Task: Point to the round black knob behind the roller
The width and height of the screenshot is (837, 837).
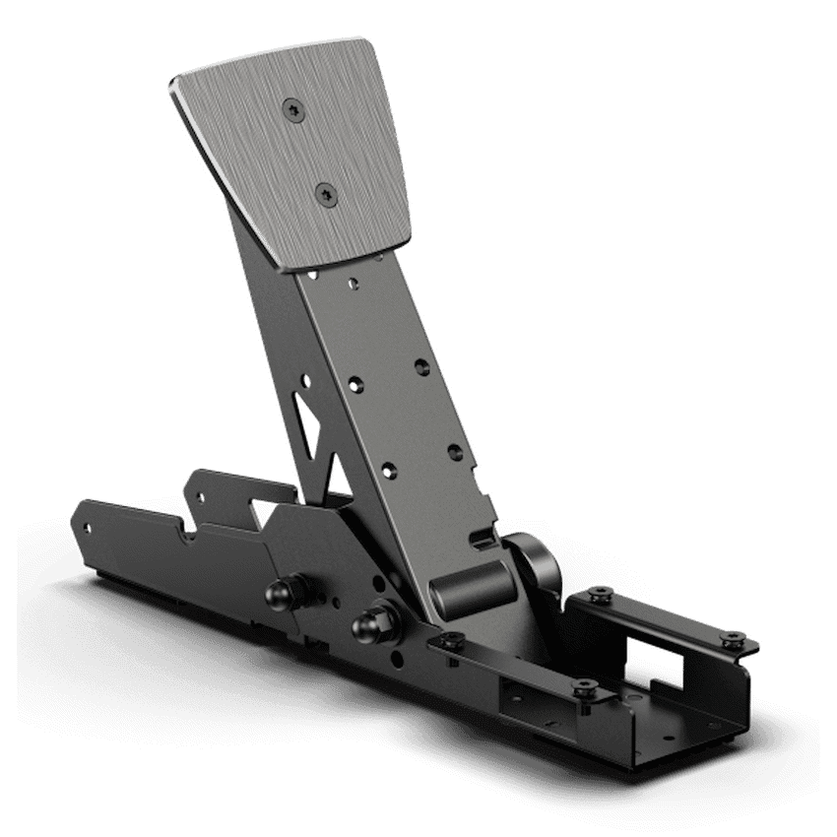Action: (537, 562)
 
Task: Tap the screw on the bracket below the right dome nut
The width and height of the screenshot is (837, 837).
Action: (452, 641)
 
